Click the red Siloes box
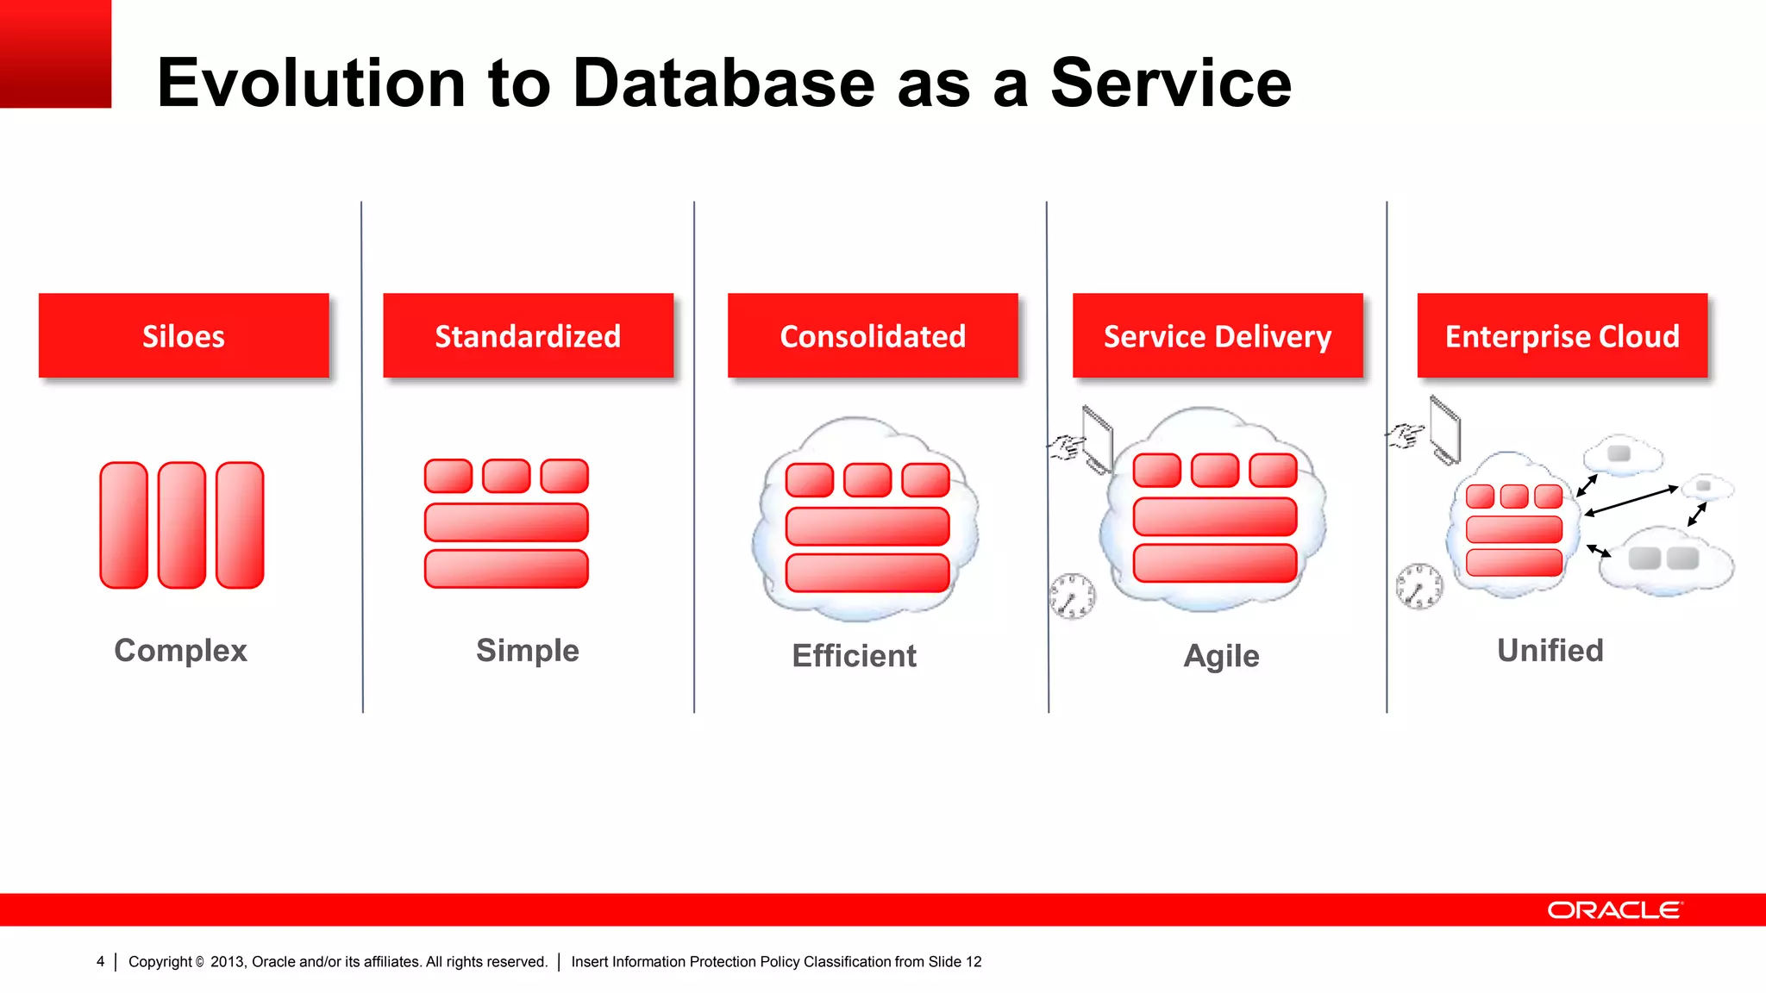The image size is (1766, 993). (x=183, y=335)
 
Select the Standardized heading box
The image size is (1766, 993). (x=528, y=335)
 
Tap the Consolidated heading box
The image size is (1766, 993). (x=873, y=335)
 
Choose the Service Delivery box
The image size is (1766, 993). (x=1218, y=335)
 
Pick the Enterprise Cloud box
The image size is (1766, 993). (x=1562, y=335)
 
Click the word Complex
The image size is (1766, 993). (x=180, y=650)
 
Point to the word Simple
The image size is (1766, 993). (x=528, y=650)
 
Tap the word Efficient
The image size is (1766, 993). (x=854, y=656)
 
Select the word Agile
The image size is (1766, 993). (x=1221, y=656)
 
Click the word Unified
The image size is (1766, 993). (x=1550, y=650)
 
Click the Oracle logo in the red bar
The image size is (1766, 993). (x=1614, y=910)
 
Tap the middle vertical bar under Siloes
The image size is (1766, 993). (x=182, y=525)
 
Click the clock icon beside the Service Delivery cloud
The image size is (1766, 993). (x=1073, y=596)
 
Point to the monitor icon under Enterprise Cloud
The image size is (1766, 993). (x=1445, y=428)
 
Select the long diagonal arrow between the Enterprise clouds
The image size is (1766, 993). (x=1631, y=501)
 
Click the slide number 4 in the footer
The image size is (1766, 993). (x=100, y=962)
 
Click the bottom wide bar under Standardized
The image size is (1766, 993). (x=506, y=569)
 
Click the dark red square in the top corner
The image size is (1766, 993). (x=55, y=53)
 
